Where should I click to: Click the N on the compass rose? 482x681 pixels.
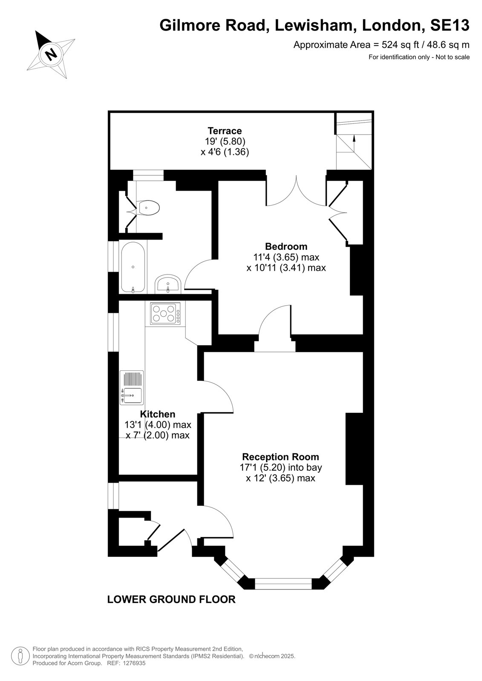tap(51, 54)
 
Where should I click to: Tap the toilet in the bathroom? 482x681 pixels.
tap(147, 208)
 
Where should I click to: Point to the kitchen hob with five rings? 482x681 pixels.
tap(165, 313)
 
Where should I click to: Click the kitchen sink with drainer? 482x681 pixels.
tap(132, 388)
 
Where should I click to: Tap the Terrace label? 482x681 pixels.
tap(225, 131)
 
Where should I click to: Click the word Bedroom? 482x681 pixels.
tap(286, 246)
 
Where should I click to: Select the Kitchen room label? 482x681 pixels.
tap(158, 414)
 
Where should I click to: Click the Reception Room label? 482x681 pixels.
tap(280, 457)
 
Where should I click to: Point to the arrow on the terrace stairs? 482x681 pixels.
tap(354, 143)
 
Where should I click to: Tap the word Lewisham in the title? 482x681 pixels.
tap(316, 25)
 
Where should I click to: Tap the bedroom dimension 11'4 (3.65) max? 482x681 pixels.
tap(286, 257)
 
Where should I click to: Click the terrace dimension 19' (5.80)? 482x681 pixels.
tap(225, 141)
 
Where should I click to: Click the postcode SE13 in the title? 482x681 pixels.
tap(450, 25)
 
